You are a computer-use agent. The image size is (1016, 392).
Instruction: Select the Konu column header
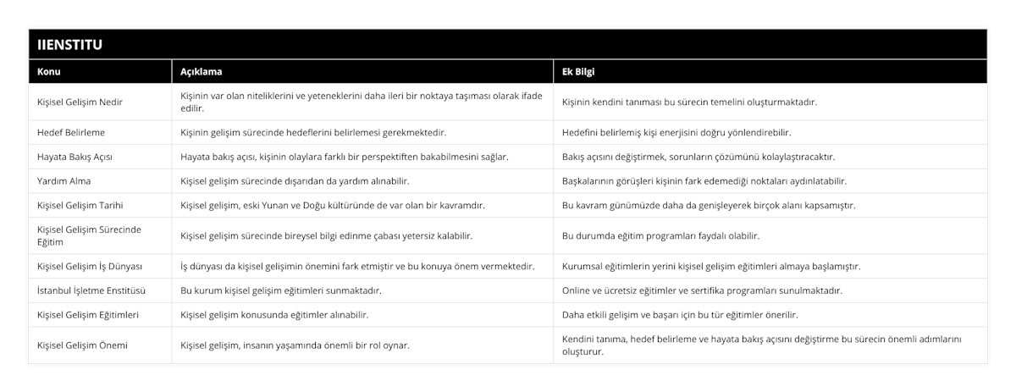pos(50,72)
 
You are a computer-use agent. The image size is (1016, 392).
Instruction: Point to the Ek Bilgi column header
pos(580,72)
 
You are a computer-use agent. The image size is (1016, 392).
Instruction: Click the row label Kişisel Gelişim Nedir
pos(80,102)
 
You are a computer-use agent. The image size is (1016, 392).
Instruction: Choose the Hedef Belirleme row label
pos(72,133)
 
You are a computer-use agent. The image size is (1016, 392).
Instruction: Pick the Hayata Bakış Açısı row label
pos(75,157)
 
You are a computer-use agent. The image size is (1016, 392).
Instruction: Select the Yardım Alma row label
pos(64,181)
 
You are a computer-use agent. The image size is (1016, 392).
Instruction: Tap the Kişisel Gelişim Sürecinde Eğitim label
pos(89,235)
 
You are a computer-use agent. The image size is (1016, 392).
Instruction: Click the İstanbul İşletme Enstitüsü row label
pos(92,290)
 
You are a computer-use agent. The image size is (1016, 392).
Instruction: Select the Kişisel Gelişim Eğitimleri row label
pos(89,315)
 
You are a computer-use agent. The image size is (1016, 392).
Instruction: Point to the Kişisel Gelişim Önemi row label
pos(84,345)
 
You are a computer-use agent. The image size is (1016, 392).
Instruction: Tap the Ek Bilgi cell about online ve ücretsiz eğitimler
pos(702,290)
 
